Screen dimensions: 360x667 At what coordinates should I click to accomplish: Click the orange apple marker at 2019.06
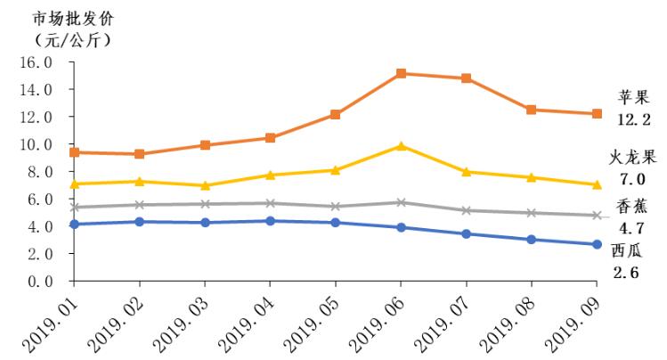[x=401, y=73]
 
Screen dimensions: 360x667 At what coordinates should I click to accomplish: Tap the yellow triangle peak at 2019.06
[x=401, y=145]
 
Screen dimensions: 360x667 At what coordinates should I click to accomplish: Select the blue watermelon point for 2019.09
[x=596, y=244]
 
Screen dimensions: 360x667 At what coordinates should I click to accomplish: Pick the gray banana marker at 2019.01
[x=75, y=207]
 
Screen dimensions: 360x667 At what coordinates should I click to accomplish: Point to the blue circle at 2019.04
[x=270, y=220]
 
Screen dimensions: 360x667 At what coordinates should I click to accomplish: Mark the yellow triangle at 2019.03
[x=205, y=185]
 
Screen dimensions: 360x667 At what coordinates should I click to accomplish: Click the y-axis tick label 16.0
[x=35, y=62]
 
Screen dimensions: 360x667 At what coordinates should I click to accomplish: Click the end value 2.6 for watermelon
[x=628, y=271]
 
